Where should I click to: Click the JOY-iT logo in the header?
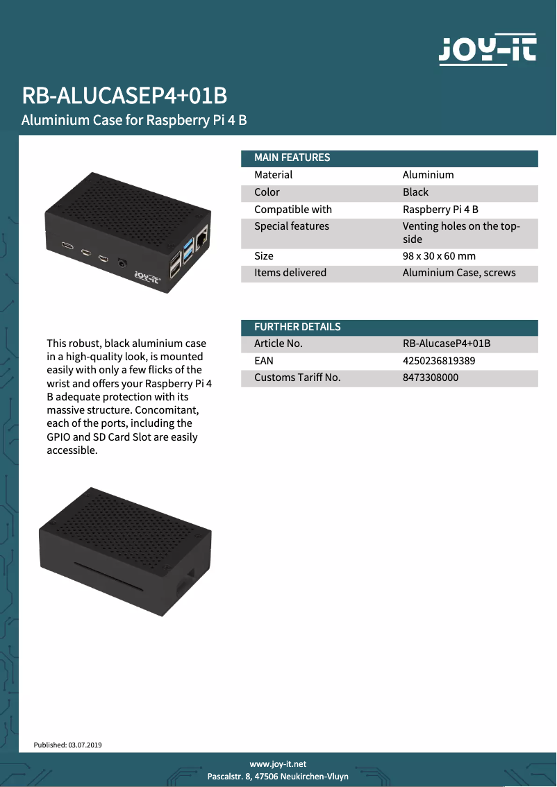coord(487,49)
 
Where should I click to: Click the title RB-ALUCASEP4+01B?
coord(124,96)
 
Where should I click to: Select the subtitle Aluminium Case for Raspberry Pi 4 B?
coord(134,120)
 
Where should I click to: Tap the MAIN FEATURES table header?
coord(292,158)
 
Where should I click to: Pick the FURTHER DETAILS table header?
coord(297,326)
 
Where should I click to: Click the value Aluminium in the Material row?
coord(428,175)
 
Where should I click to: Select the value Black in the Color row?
coord(415,192)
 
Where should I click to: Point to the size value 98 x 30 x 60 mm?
coord(439,255)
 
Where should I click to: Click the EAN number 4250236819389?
coord(439,361)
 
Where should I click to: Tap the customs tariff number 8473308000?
coord(431,378)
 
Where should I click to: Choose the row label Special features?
coord(292,226)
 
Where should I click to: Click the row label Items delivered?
coord(290,273)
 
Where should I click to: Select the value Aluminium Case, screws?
coord(459,273)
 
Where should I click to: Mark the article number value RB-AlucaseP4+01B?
coord(447,344)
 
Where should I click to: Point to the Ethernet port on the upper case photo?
coord(202,239)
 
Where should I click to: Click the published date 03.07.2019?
coord(85,745)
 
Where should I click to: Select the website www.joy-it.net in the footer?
coord(278,763)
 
